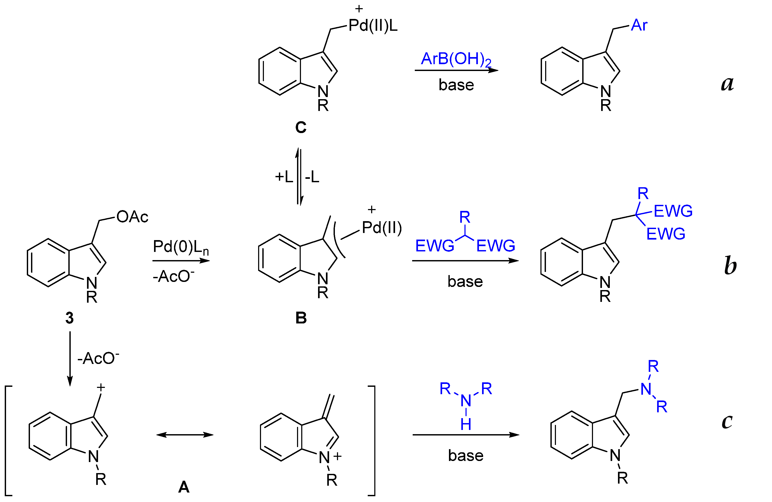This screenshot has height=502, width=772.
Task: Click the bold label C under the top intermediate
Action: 300,128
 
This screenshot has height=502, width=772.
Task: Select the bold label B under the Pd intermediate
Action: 301,318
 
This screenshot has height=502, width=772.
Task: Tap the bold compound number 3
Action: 69,318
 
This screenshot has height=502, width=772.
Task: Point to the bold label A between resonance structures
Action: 183,487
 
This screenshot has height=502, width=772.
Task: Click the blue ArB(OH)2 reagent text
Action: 456,59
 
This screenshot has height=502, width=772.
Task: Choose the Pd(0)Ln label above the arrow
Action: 181,247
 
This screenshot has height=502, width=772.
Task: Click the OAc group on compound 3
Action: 132,217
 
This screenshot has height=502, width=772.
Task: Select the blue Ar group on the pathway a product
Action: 639,25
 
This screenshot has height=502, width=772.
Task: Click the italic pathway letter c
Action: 727,422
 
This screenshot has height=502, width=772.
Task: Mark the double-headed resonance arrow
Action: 185,435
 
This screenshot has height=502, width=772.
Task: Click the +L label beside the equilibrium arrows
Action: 284,177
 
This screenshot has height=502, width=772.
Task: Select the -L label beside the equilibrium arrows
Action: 312,177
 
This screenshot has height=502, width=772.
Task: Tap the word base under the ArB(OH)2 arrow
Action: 456,85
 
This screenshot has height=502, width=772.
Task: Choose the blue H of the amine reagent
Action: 466,424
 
